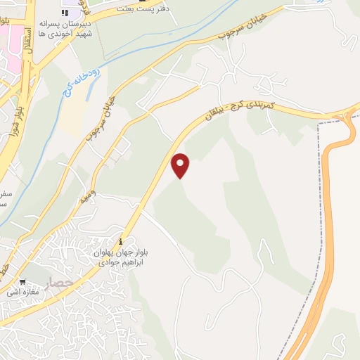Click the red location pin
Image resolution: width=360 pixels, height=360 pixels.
(x=181, y=165)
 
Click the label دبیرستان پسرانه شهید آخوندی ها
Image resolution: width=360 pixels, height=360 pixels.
(x=66, y=29)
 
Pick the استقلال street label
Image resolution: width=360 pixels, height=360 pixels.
(x=27, y=43)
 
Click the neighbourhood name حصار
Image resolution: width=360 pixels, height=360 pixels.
(x=60, y=284)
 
